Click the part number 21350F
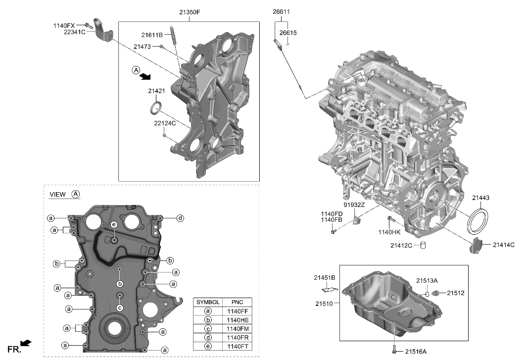[190, 11]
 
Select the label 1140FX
[64, 25]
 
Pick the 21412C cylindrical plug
[423, 245]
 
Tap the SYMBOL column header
[208, 302]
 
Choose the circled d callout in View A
[181, 218]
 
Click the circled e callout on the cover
[114, 224]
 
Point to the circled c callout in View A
[119, 308]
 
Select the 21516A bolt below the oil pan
[394, 350]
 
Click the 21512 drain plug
[436, 293]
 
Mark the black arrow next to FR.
[27, 343]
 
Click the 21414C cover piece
[475, 246]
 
